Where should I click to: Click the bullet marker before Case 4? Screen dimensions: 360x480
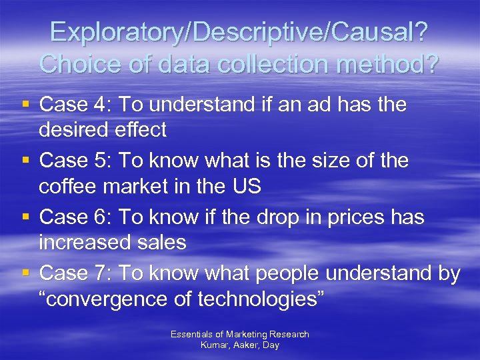(x=24, y=104)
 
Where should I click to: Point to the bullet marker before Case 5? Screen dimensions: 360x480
(x=24, y=161)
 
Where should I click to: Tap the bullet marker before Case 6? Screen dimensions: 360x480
(x=24, y=217)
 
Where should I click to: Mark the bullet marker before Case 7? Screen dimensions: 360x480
(x=24, y=273)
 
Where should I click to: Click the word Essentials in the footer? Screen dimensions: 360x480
(x=192, y=334)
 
